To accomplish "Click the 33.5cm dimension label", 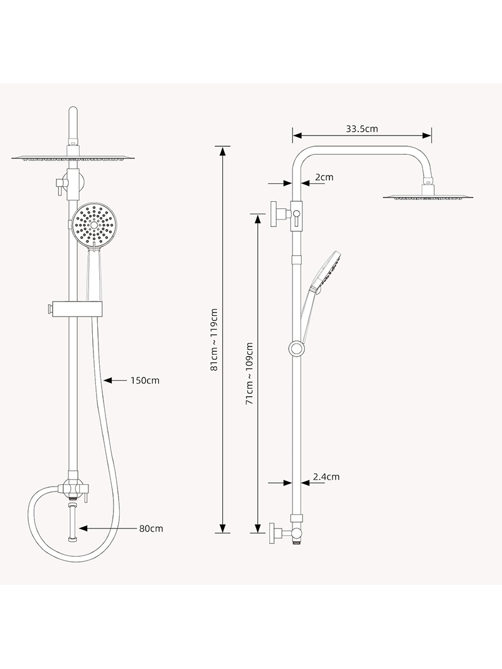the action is [361, 129].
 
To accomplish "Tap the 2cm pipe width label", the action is [324, 177].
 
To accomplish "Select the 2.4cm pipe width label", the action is [326, 477].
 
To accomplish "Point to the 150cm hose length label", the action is [145, 380].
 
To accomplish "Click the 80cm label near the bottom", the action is [151, 529].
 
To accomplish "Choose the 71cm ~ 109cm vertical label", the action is [249, 373].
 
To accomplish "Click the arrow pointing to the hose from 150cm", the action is [115, 380].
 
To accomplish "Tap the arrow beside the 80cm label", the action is [107, 529].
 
